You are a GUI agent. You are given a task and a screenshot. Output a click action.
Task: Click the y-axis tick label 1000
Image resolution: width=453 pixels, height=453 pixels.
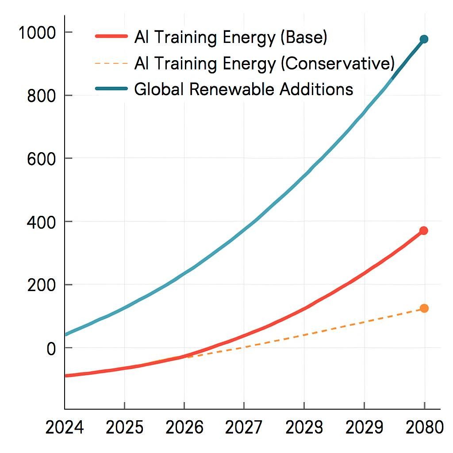[x=38, y=33]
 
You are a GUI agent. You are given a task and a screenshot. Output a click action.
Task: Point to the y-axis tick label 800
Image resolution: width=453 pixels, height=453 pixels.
[x=43, y=96]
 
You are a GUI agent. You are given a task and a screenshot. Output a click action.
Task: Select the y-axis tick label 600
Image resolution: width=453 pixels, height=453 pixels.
[x=43, y=159]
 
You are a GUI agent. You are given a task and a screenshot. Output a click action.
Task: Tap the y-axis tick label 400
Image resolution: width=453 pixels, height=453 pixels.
[x=43, y=222]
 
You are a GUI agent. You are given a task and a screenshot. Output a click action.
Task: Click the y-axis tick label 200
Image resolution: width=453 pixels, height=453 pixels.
[x=43, y=285]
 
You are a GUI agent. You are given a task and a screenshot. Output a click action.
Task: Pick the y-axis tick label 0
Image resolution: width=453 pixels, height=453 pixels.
[x=52, y=349]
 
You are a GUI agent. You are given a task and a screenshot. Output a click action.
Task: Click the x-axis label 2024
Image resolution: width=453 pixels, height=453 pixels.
[x=65, y=428]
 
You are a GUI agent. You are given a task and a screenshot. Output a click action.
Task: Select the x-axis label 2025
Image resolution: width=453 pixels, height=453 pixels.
[x=125, y=428]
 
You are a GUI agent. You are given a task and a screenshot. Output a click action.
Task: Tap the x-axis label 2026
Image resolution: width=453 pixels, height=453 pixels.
[x=184, y=428]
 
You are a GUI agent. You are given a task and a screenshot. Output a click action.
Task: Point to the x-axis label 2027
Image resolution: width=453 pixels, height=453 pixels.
[x=244, y=428]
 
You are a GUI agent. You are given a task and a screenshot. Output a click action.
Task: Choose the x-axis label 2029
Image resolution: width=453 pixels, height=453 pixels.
[x=364, y=428]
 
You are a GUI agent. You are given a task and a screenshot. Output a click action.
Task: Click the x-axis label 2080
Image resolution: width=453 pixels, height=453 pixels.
[x=424, y=428]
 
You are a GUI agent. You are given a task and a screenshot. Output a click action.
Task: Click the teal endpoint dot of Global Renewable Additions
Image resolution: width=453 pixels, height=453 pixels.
[x=424, y=39]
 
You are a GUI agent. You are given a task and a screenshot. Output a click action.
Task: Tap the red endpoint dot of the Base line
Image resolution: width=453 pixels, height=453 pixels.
[x=424, y=230]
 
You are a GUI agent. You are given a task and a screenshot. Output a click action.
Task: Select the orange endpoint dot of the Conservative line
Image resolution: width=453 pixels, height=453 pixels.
[x=424, y=308]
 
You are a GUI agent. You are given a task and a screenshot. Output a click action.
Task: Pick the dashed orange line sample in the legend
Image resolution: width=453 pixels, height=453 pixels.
[x=111, y=63]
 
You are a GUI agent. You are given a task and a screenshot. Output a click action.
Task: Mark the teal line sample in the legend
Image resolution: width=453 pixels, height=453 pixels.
[x=111, y=89]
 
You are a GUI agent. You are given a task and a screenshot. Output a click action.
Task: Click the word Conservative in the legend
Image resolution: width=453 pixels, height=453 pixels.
[x=337, y=64]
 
